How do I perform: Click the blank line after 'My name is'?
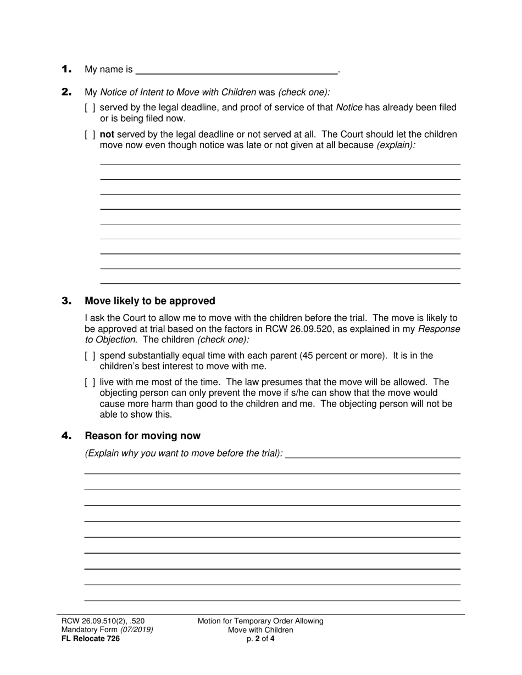point(236,70)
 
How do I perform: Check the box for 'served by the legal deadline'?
point(90,108)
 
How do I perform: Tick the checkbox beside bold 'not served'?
point(90,134)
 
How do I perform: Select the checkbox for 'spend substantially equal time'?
point(90,356)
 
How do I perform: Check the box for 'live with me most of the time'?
point(90,383)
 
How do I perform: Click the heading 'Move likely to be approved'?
point(149,301)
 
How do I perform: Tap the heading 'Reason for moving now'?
point(142,436)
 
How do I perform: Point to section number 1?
point(66,69)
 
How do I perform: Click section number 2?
point(66,92)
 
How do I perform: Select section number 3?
point(66,301)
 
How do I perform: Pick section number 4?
point(66,436)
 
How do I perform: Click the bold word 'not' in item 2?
point(107,134)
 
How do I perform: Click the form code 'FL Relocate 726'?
point(90,638)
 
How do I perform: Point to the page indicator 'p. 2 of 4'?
point(260,638)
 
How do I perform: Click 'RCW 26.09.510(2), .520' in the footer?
point(103,621)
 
